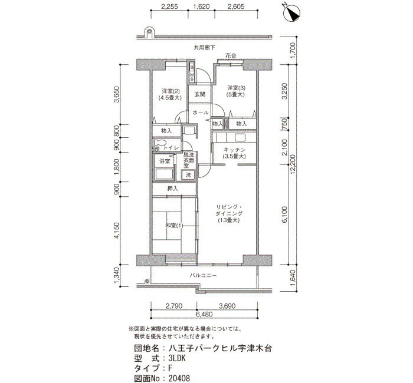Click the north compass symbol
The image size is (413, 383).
[x=291, y=12]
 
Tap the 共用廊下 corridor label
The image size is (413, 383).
[x=204, y=48]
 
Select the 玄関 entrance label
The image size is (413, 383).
[x=200, y=94]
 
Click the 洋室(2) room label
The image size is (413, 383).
[x=171, y=91]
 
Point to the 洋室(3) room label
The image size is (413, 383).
[x=236, y=88]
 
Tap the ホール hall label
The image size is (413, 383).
[x=201, y=113]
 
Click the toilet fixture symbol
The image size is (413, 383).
[x=160, y=143]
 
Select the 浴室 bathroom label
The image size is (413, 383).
[x=165, y=161]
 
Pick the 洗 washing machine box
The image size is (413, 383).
[x=188, y=174]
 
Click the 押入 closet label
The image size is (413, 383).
[x=173, y=189]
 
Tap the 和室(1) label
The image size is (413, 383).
[x=174, y=226]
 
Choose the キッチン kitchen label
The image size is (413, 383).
[x=234, y=150]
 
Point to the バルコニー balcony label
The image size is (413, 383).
[x=204, y=276]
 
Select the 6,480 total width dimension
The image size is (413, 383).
[x=204, y=314]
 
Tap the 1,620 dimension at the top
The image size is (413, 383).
[x=201, y=6]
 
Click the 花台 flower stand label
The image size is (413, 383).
[x=231, y=56]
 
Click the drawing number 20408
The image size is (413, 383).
[x=179, y=378]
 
